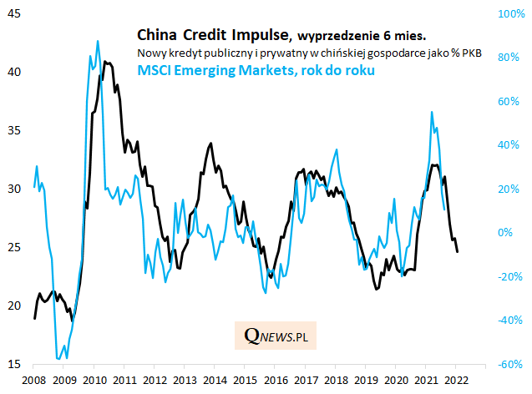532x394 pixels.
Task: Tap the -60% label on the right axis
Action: [x=509, y=365]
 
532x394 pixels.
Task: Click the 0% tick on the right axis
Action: [x=506, y=233]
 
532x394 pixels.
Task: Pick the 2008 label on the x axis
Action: [x=33, y=381]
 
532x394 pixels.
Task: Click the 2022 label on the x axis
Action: [x=456, y=381]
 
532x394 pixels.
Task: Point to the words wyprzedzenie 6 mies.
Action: [x=361, y=36]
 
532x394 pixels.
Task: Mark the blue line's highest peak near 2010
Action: [x=98, y=40]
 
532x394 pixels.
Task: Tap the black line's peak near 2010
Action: [x=104, y=61]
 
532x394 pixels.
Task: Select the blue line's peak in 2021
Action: [x=432, y=111]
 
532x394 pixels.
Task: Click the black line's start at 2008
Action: [x=34, y=318]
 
